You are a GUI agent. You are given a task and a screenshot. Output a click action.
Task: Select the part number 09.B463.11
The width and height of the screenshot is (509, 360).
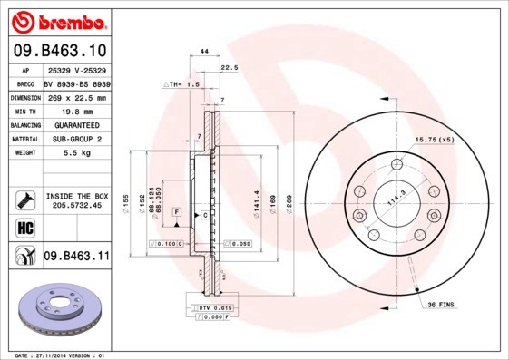tap(76, 257)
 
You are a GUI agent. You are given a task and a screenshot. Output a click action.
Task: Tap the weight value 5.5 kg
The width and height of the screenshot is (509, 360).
tap(75, 154)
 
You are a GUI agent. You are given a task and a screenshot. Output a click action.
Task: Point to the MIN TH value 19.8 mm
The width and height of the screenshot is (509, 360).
tap(75, 112)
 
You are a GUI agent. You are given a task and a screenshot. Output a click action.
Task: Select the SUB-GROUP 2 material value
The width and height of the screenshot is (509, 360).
tap(75, 140)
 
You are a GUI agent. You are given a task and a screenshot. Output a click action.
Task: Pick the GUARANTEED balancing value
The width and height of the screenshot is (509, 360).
tap(75, 126)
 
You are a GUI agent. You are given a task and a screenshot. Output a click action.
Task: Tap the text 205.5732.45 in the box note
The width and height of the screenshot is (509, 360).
tap(76, 206)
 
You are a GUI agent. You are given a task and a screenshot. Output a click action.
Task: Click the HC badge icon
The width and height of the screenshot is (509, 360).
tap(24, 228)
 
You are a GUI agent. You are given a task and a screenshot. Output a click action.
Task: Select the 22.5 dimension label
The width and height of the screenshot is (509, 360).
tap(230, 67)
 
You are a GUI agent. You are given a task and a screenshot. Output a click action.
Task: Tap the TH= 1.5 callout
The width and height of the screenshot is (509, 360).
tap(182, 83)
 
